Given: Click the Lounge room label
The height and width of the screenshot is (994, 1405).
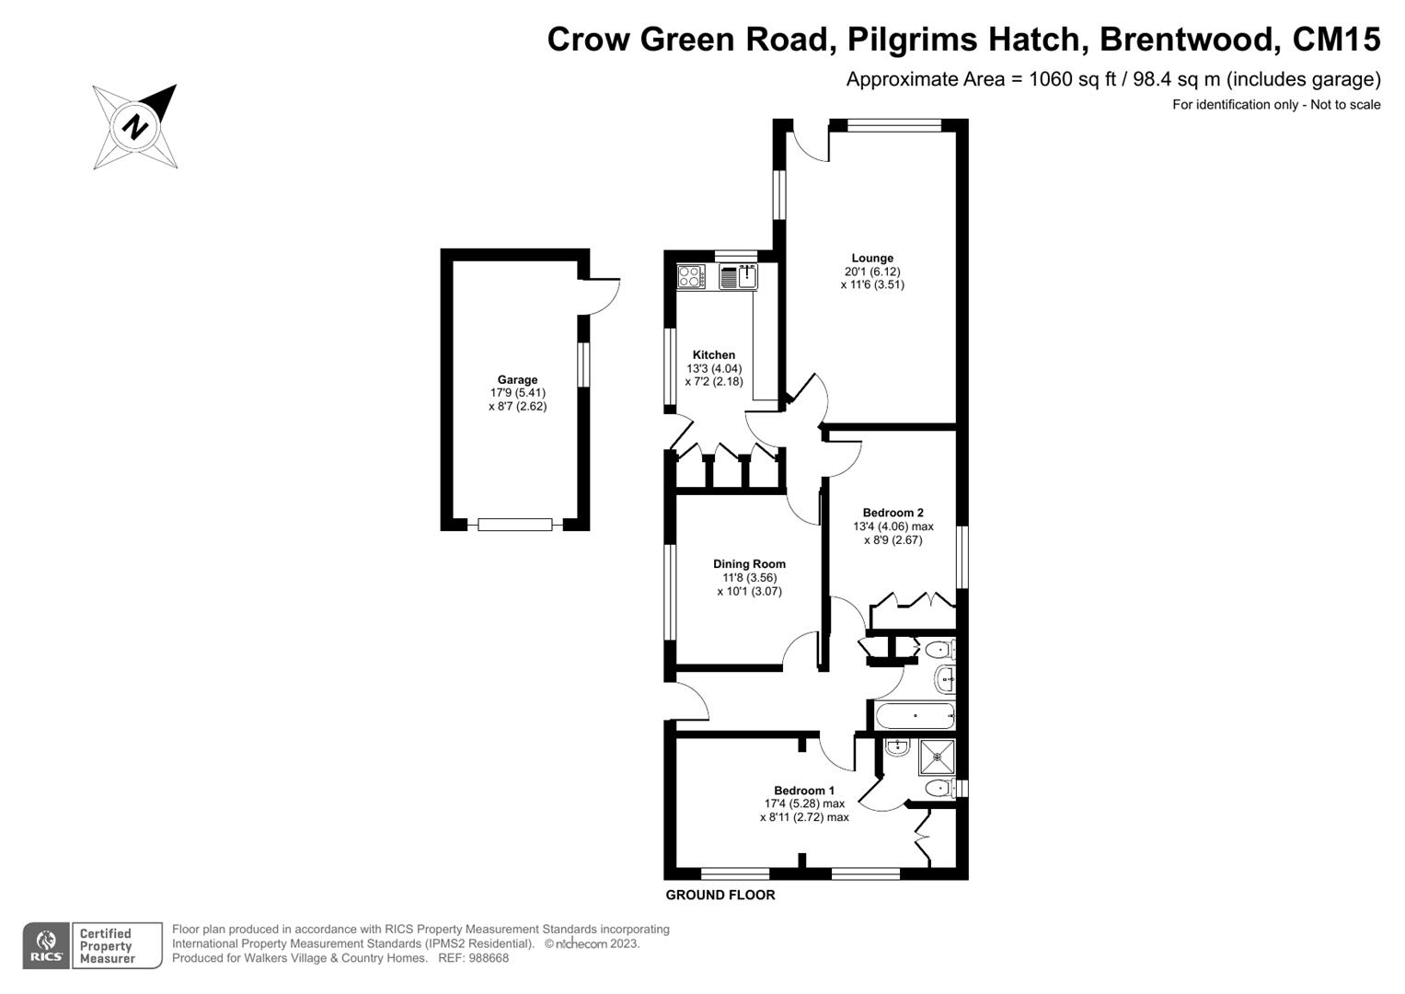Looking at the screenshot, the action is (x=872, y=258).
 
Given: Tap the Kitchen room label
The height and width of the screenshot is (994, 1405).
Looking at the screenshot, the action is (x=714, y=354).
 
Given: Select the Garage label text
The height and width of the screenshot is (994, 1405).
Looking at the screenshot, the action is (x=517, y=379).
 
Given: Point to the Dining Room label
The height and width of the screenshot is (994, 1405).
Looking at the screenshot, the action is (x=750, y=564).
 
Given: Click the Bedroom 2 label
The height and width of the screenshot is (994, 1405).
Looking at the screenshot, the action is (x=893, y=513).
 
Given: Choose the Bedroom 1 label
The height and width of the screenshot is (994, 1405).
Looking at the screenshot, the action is (x=804, y=791).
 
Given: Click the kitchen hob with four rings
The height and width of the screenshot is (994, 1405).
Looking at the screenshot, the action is (x=691, y=277).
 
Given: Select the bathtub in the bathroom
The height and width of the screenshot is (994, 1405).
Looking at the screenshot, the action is (x=915, y=715).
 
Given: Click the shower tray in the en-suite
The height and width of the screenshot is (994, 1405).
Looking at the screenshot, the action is (x=937, y=757).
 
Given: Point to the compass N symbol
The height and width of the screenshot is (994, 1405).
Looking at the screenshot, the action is (x=135, y=127).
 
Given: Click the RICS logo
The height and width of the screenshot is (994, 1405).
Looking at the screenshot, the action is (x=46, y=946).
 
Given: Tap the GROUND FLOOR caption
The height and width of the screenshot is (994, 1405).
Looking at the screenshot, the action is (x=720, y=896).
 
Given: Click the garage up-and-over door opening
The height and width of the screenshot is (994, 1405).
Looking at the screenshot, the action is (x=515, y=525).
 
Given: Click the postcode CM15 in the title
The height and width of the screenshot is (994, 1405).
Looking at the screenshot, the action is (x=1336, y=39).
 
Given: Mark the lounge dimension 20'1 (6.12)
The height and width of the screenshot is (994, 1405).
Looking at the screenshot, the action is (x=872, y=272).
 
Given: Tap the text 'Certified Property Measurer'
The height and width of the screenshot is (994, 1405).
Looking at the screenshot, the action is (x=108, y=946).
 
